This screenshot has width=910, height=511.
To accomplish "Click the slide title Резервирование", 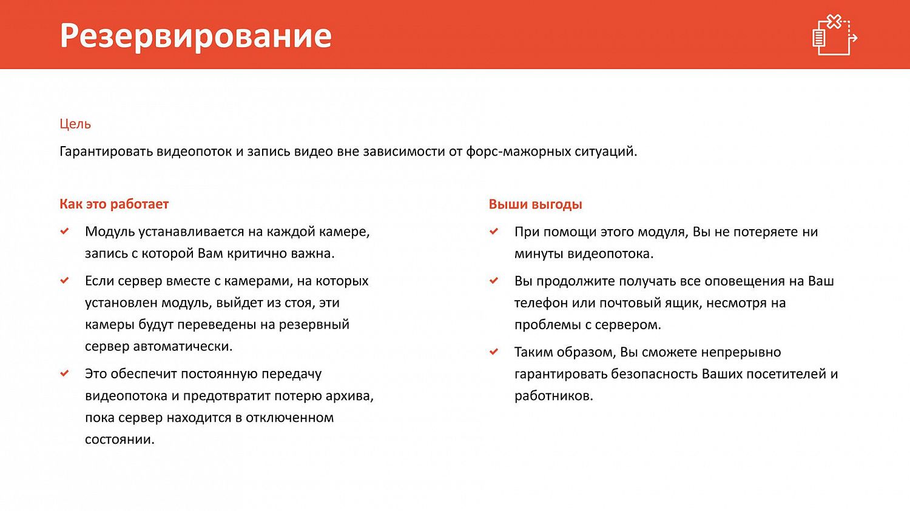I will point(195,36).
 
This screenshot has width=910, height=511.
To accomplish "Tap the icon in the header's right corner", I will point(835,35).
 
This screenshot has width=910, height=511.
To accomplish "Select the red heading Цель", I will point(75,124).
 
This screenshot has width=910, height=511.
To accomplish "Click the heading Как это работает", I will point(114,204).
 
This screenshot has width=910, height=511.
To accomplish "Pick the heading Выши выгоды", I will point(535,204).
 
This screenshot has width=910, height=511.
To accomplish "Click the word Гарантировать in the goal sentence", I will point(106,152).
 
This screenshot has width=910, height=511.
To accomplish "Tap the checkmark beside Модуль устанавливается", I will point(65,232).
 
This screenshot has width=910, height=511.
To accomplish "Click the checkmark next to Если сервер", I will point(65,281).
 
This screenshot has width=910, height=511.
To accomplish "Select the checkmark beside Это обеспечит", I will point(65,373).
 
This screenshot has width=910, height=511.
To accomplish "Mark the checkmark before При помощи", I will point(494,232).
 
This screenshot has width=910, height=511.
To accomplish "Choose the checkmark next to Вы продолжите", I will point(494,281).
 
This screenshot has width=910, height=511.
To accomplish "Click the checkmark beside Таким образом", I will point(494,352).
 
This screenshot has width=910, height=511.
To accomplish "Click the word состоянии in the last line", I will point(119,439).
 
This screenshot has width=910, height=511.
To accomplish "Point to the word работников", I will point(553,396).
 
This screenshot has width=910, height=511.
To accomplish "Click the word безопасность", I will point(654,374).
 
